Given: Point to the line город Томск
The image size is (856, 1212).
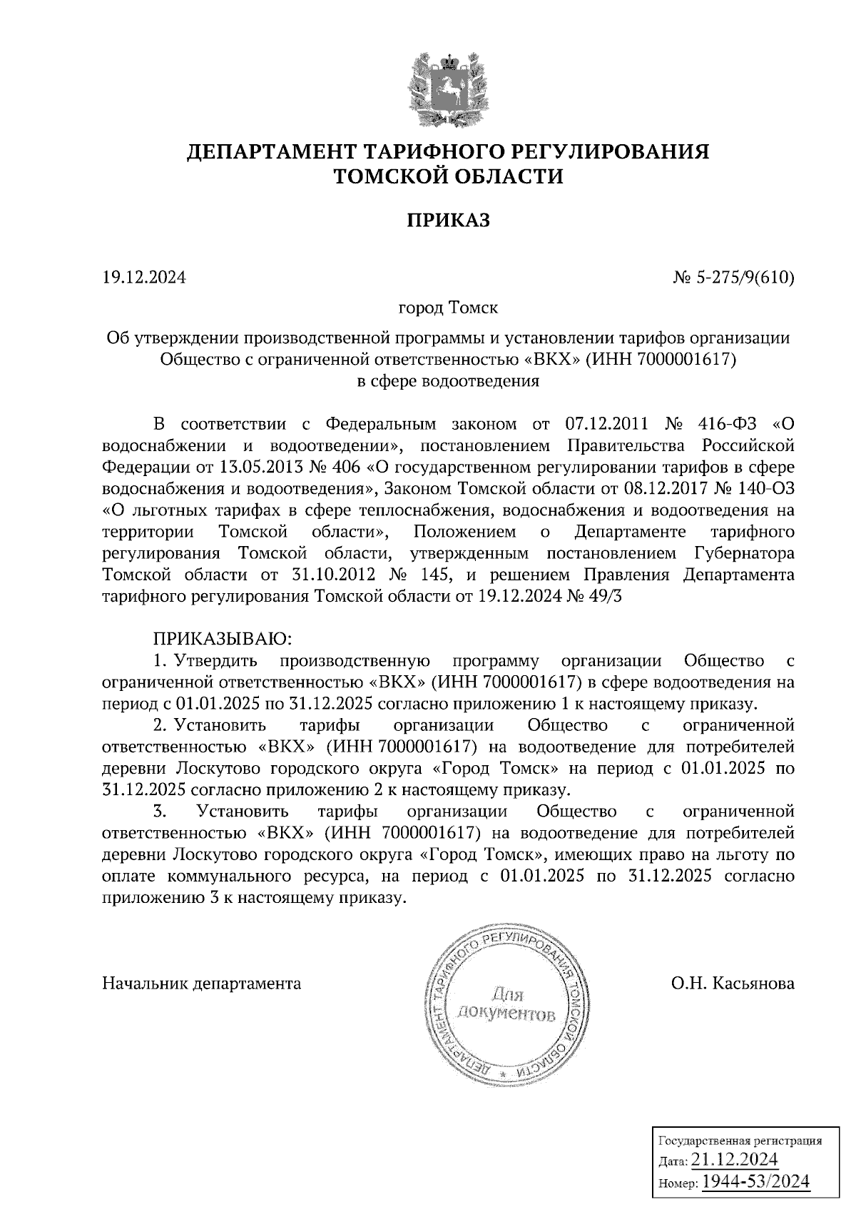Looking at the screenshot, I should [448, 308].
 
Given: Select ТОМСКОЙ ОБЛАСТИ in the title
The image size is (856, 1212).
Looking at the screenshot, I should [448, 176].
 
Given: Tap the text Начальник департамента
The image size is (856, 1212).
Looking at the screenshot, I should [202, 984].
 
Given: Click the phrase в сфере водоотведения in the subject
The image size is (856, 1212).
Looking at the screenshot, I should [448, 380].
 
